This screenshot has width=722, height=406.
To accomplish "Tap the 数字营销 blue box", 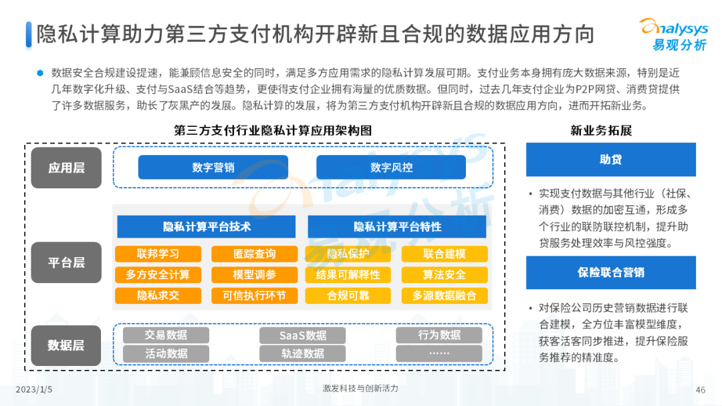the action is tap(213, 167).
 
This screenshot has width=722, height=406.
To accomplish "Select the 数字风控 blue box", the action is tap(391, 167).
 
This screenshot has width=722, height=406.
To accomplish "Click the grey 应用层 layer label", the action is tap(66, 168).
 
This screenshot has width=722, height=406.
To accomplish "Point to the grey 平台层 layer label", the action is tap(66, 262).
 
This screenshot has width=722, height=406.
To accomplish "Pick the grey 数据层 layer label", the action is tap(66, 345).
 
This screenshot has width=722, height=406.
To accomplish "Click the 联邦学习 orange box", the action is tap(157, 254).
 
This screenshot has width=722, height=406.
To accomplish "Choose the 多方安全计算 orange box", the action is tap(157, 274).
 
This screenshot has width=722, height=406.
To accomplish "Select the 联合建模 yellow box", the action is tap(445, 254).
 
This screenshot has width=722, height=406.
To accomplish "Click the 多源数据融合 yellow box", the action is tap(445, 295).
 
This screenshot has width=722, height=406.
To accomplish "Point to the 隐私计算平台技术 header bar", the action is tap(206, 226).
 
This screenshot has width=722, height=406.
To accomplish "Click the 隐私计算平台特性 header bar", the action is tap(397, 226).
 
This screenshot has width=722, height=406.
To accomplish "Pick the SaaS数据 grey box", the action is tap(302, 335).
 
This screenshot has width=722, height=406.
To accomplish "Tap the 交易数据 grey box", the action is tap(166, 335).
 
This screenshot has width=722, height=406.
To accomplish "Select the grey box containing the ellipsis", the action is tap(439, 353).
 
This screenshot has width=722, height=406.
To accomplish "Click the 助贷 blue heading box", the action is tap(610, 160).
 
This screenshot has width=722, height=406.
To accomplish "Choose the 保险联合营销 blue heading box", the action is tap(610, 272).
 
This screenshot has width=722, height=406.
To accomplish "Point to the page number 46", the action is tap(701, 390).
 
